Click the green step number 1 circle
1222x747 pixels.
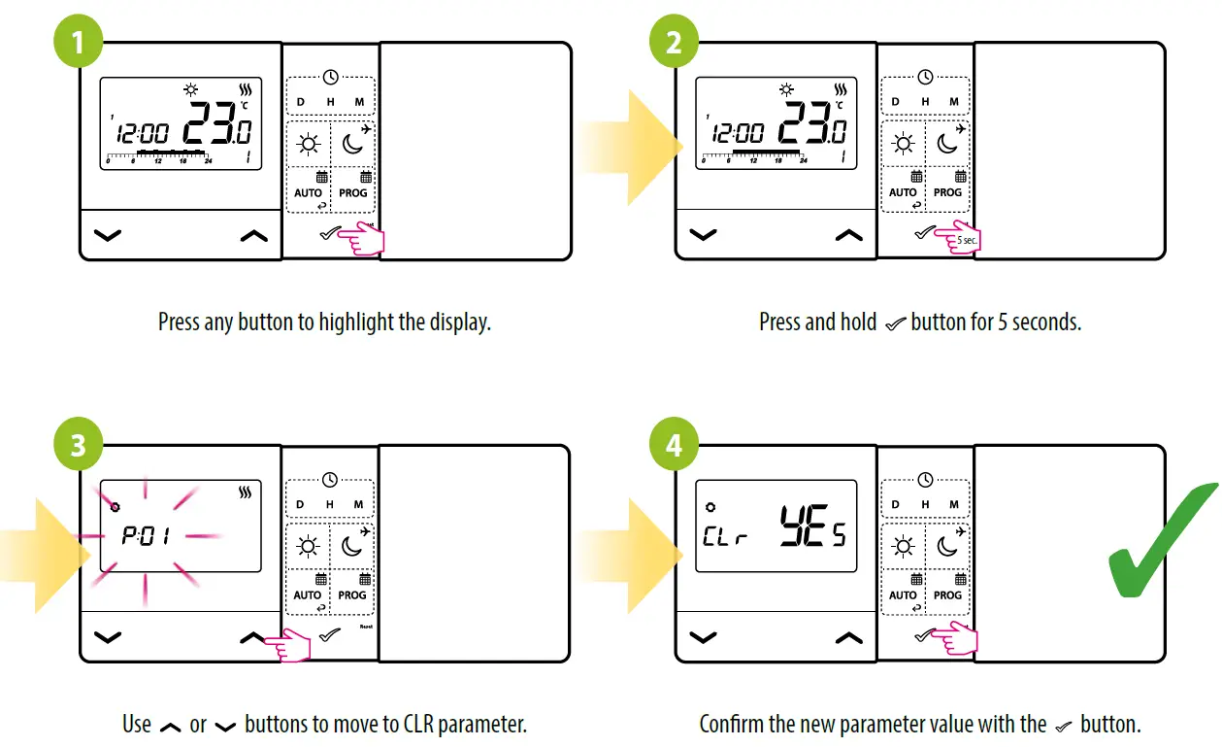(78, 43)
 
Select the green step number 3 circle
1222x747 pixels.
(78, 446)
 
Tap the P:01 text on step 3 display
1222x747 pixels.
(146, 536)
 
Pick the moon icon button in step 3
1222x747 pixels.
(352, 547)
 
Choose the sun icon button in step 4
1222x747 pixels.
(903, 547)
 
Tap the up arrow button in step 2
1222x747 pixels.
(849, 235)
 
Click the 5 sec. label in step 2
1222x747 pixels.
(967, 240)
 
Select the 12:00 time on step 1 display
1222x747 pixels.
(142, 134)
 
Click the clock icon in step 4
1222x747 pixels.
(925, 479)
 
